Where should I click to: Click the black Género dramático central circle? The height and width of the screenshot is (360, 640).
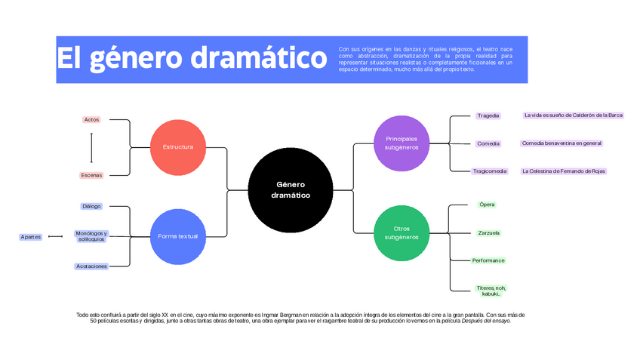point(291,189)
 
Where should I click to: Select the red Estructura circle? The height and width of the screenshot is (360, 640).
point(178,146)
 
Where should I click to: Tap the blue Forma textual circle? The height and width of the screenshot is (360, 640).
point(178,236)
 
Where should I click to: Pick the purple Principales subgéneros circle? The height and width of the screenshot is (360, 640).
point(402,143)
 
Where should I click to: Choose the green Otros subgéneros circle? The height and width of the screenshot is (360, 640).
point(402,232)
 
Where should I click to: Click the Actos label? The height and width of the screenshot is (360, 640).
point(91,119)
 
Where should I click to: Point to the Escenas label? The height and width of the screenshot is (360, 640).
point(91,175)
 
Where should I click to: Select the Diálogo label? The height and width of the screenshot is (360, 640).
point(91,206)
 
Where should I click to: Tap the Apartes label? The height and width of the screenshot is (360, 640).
point(31,237)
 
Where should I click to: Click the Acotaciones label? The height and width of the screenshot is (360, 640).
point(91,266)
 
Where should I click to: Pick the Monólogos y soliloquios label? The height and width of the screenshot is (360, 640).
point(91,236)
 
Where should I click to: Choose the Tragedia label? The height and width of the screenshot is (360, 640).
point(488,115)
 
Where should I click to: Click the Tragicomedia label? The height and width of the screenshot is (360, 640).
point(490,171)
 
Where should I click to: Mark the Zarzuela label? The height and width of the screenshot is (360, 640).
point(488,233)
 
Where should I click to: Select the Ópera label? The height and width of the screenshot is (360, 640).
point(487,205)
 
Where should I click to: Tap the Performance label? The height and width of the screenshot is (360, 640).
point(488,260)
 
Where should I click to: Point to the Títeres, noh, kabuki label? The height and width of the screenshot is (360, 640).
point(491,291)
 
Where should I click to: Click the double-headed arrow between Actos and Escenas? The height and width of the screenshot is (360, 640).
point(91,148)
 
